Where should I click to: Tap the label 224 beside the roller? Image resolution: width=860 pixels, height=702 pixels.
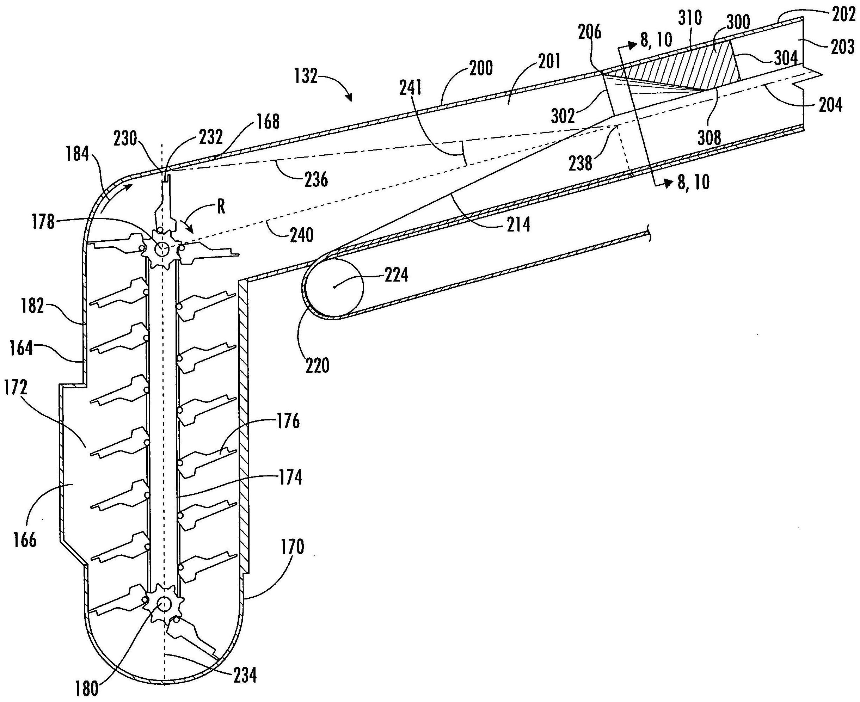point(396,275)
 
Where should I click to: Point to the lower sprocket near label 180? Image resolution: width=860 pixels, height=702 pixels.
point(165,605)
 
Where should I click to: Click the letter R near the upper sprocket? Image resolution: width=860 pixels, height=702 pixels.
point(221,208)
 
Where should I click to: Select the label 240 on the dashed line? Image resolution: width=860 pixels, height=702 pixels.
point(301,235)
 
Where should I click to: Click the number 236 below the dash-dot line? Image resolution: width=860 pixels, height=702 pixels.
point(316,179)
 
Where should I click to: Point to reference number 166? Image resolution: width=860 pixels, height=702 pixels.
point(25,540)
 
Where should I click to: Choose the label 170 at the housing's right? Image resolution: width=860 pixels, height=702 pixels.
point(292,548)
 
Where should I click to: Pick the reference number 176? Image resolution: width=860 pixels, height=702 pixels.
point(288,422)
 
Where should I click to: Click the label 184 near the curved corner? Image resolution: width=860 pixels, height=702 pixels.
point(78,154)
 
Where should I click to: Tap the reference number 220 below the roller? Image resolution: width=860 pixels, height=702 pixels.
point(318,365)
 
